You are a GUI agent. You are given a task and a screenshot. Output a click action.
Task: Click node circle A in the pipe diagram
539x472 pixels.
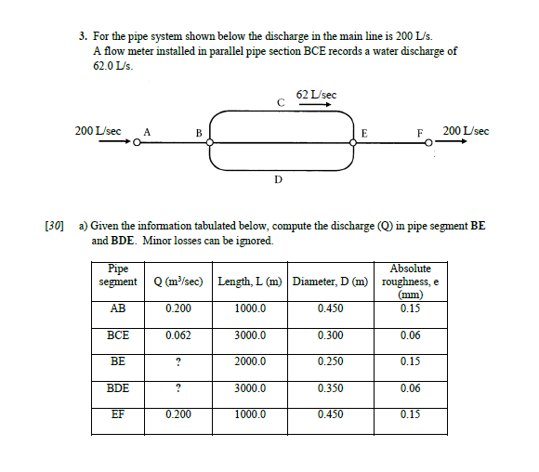click(x=137, y=142)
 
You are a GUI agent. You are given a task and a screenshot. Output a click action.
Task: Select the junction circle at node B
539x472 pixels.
click(x=211, y=142)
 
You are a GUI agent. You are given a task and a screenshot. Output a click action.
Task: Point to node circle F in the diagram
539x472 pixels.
click(x=428, y=142)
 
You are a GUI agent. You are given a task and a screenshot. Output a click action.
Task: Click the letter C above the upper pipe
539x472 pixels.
click(x=281, y=101)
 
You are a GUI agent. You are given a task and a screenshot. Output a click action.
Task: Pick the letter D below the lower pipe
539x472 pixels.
click(x=277, y=179)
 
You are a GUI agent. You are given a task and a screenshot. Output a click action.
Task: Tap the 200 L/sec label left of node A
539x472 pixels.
click(x=98, y=131)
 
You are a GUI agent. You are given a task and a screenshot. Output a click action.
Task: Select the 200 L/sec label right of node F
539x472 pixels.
click(x=467, y=131)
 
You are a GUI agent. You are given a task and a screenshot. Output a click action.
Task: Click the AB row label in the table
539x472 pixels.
click(x=118, y=308)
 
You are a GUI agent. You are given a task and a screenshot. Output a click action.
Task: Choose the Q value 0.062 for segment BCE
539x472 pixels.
click(x=178, y=335)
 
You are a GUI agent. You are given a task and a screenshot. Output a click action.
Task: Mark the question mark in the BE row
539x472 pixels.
click(x=177, y=361)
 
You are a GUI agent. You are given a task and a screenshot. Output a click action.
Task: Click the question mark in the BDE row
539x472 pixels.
click(x=177, y=388)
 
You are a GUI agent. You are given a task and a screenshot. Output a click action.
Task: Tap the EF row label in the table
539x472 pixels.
click(x=118, y=414)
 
